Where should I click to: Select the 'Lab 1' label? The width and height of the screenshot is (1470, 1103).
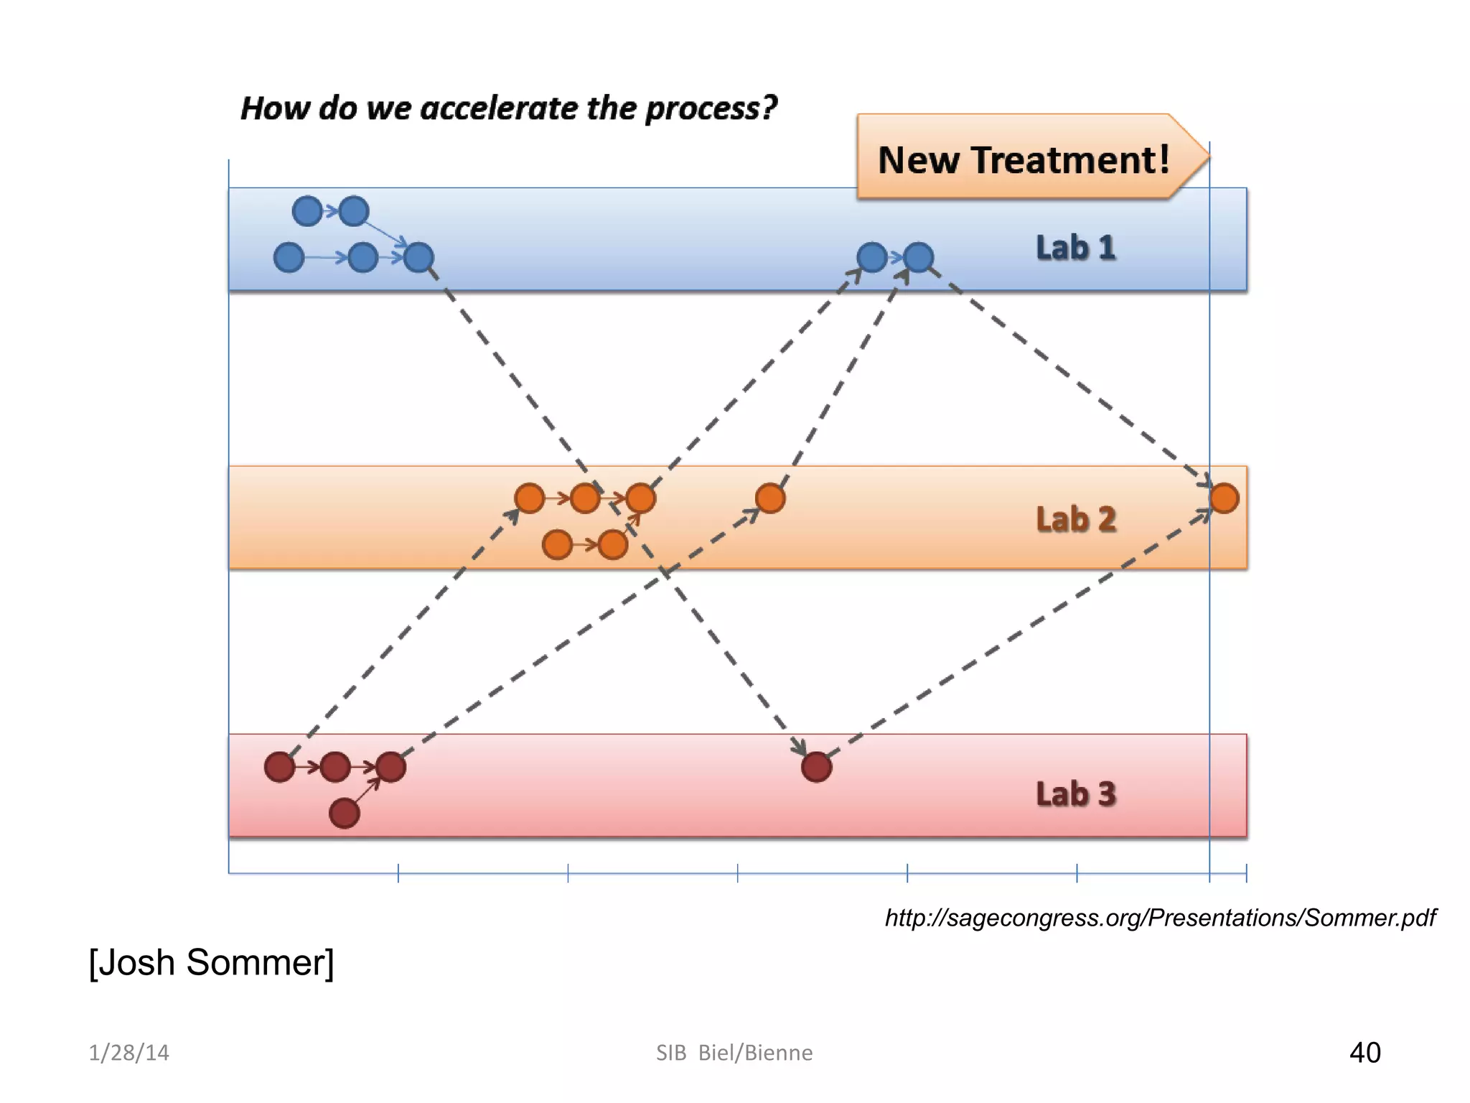point(1075,248)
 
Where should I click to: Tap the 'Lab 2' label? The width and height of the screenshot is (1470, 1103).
point(1075,519)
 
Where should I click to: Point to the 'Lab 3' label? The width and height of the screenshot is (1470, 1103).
point(1075,794)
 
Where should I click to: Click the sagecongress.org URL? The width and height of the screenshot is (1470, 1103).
point(1160,918)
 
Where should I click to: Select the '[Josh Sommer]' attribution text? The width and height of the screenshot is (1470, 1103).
point(211,962)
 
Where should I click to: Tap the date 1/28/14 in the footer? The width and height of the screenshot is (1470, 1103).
point(128,1053)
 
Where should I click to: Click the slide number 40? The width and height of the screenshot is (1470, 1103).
point(1364,1053)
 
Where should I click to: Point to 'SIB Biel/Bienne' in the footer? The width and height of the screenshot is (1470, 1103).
point(734,1053)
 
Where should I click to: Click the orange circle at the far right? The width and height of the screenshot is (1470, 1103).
point(1224,498)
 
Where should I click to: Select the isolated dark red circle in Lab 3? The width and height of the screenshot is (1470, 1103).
point(816,767)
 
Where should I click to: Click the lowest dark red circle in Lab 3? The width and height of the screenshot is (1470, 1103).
point(344,814)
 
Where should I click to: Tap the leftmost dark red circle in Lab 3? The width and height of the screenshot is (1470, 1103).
point(279,767)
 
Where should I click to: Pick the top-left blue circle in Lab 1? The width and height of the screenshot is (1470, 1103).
point(307,211)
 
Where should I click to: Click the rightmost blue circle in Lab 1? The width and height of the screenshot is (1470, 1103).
point(918,257)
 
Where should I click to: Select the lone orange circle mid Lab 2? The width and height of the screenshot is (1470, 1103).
point(770,498)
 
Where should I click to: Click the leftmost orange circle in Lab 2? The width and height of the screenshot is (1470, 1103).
point(529,498)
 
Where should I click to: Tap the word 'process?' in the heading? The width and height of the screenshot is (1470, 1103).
point(711,108)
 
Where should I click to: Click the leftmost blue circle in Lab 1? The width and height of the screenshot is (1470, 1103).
point(289,257)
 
